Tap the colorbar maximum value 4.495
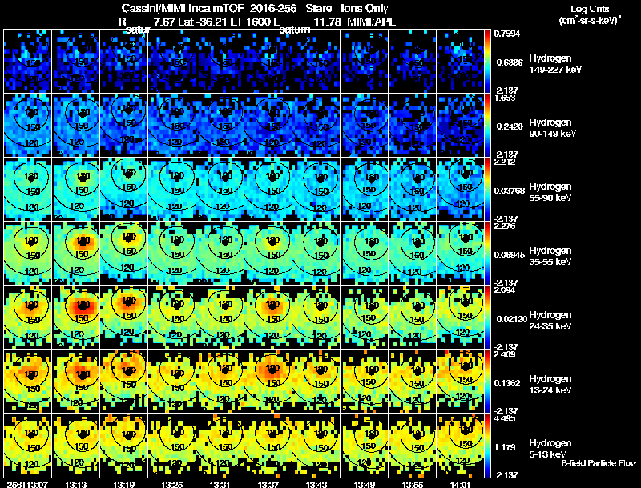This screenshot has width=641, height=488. [506, 417]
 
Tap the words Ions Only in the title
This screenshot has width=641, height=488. [364, 8]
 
